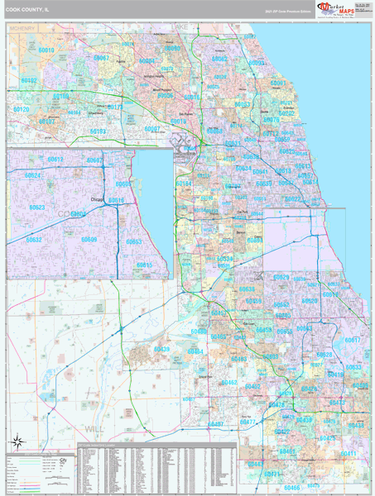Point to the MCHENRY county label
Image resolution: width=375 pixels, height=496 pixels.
[x=22, y=28]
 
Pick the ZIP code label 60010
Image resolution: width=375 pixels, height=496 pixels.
[x=46, y=51]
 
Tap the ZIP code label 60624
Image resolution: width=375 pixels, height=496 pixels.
[x=32, y=175]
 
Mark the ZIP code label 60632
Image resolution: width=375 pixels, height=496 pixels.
[x=34, y=240]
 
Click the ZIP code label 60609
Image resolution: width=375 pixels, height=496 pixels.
[x=89, y=240]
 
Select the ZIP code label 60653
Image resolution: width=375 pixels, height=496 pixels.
[x=134, y=242]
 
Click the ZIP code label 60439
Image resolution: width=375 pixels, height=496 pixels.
[x=161, y=350]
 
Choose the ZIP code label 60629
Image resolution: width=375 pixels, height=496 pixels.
[x=281, y=278]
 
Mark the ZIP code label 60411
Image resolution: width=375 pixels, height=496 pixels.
[x=349, y=454]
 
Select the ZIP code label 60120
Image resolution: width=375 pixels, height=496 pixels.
[x=21, y=110]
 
